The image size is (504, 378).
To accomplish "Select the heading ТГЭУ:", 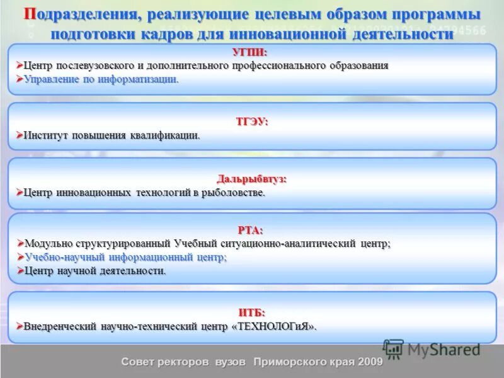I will (x=252, y=122).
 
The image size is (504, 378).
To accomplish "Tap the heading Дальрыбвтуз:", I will (x=252, y=179).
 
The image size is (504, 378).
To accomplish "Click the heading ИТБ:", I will (x=252, y=312).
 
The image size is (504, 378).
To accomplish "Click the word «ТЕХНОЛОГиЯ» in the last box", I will (x=274, y=326).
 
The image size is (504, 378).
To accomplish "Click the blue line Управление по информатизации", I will (x=101, y=79).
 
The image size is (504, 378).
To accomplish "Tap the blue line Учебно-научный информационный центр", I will (x=125, y=257).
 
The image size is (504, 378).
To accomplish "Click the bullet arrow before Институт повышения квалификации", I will (x=19, y=135).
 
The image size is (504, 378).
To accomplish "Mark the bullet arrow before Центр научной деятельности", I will (x=19, y=271).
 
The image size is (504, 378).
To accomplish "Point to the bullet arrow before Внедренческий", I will (x=19, y=326).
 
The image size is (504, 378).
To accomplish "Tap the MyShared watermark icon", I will (x=393, y=349).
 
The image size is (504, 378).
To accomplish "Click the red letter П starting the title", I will (x=30, y=14).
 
